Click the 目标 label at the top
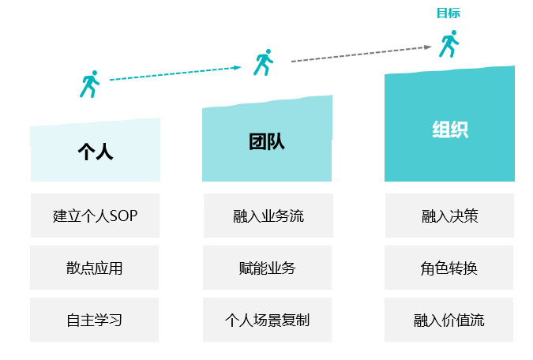click(448, 13)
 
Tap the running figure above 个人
click(89, 84)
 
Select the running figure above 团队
click(263, 62)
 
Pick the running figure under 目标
click(449, 43)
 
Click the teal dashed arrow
click(174, 73)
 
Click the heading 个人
click(95, 152)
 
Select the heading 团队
click(266, 142)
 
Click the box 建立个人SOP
click(95, 216)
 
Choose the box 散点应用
click(95, 268)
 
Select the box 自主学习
click(95, 320)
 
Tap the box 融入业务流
click(268, 216)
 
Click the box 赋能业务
click(268, 268)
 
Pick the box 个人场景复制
click(268, 320)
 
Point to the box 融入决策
click(449, 216)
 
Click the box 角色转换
click(449, 268)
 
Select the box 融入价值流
click(449, 320)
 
